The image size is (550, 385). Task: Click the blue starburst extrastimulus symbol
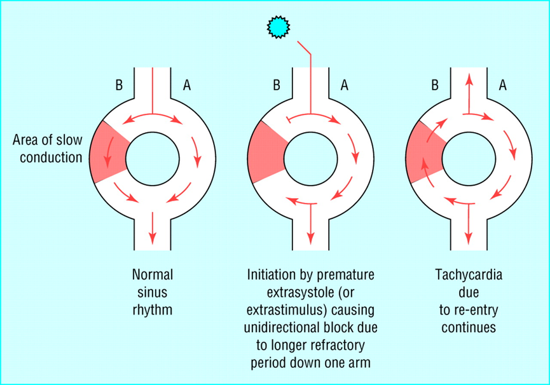278,27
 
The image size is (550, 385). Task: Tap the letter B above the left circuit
119,85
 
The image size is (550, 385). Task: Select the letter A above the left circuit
187,85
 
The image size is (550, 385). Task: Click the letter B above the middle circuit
277,85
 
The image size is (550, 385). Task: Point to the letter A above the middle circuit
345,85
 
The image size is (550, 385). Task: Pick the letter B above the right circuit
435,85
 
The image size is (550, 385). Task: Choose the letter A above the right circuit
503,85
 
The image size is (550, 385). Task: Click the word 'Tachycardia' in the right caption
469,275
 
